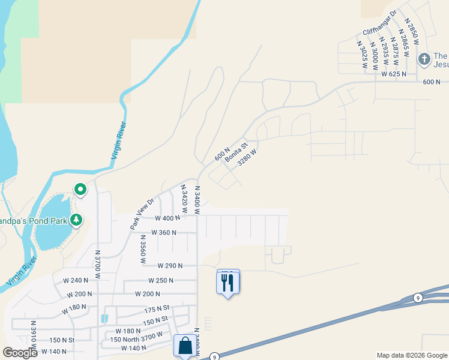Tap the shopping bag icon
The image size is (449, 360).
click(x=185, y=346)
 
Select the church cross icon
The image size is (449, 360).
click(x=424, y=59)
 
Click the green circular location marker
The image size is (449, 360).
click(x=80, y=190)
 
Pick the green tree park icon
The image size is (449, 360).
click(x=76, y=220)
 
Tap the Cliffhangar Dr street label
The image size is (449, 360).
click(x=380, y=23)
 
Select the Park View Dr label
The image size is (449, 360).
click(x=142, y=213)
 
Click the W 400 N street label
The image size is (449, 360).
click(x=167, y=218)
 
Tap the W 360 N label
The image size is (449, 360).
click(x=164, y=232)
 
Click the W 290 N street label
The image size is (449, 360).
click(x=170, y=265)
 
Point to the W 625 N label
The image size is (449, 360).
click(x=394, y=74)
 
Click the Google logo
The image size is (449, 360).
click(x=20, y=352)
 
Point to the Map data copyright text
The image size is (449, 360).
click(x=411, y=355)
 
